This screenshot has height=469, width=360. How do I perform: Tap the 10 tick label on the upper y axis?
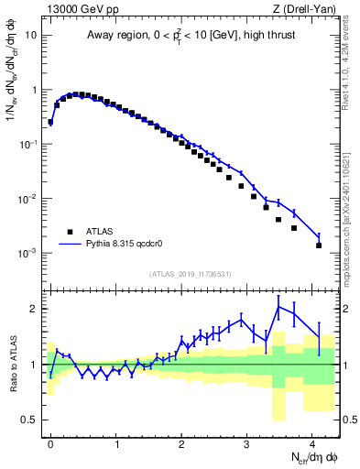pos(31,36)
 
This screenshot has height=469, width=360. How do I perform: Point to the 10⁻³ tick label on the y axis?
pos(29,253)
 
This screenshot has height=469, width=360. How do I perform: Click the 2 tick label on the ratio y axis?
pos(35,309)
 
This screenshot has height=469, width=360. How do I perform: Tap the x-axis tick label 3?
pos(247,442)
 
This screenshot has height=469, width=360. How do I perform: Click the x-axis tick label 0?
pos(50,442)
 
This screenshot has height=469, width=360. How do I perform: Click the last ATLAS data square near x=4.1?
pos(319,245)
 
